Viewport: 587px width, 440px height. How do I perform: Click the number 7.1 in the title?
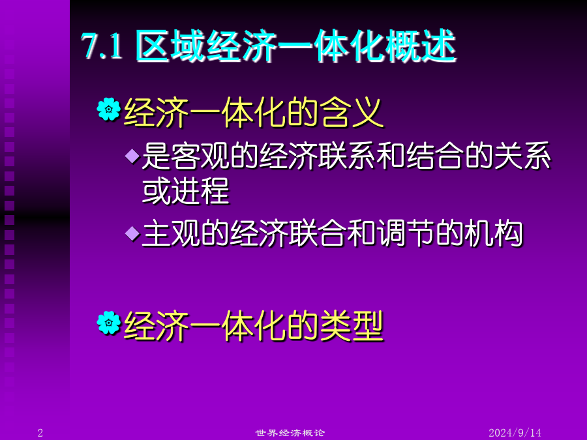click(102, 46)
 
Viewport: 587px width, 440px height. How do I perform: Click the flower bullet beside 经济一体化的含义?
click(108, 110)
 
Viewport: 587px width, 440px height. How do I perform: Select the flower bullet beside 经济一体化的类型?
click(108, 323)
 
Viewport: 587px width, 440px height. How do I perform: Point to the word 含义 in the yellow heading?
click(352, 113)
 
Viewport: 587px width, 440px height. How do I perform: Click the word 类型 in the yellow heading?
click(352, 326)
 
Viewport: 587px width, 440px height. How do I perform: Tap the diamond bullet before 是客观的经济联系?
click(132, 156)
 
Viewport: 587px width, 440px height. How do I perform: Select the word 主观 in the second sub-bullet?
click(171, 234)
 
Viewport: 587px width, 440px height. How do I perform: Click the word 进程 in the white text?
click(200, 191)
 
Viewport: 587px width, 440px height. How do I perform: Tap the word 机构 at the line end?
click(493, 234)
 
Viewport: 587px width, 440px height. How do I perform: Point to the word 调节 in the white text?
click(406, 234)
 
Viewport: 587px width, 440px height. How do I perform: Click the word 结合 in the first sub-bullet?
click(434, 156)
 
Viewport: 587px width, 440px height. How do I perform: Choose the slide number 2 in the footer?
click(40, 433)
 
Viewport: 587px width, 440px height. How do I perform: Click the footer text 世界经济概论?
click(290, 433)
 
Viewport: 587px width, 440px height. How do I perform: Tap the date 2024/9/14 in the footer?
click(515, 433)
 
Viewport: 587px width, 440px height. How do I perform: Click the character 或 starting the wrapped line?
click(157, 191)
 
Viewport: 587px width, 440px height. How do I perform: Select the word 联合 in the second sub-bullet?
click(317, 234)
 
